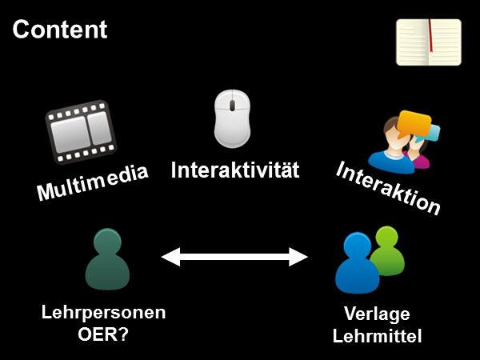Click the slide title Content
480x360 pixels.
(x=59, y=30)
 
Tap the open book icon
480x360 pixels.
(x=429, y=42)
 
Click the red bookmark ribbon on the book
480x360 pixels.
(x=430, y=36)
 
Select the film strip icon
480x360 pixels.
(x=80, y=131)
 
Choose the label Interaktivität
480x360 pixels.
(x=235, y=170)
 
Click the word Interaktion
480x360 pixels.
(x=388, y=189)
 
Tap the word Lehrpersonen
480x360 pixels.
(x=103, y=313)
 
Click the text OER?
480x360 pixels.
(x=103, y=334)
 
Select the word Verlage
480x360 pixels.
(x=377, y=313)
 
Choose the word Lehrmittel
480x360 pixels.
(x=377, y=335)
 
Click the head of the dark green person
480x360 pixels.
(x=107, y=241)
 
